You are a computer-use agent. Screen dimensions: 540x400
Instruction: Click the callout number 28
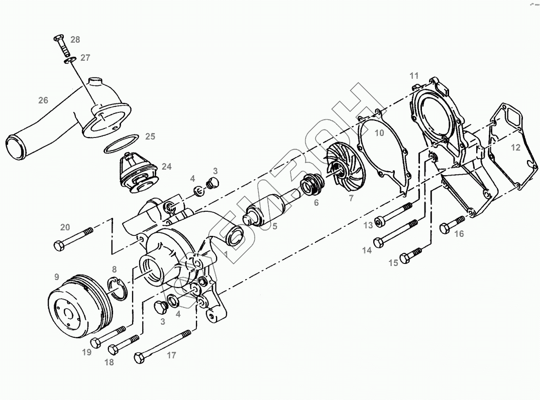[75, 40]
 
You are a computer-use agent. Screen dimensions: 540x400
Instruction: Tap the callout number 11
[414, 76]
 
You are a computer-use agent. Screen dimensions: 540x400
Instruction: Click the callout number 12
[516, 148]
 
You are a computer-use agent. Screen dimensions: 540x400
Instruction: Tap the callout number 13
[368, 225]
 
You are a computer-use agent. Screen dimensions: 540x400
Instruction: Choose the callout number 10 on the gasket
[379, 132]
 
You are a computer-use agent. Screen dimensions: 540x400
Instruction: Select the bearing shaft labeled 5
[262, 212]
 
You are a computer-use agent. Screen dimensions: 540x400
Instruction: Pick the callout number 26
[43, 100]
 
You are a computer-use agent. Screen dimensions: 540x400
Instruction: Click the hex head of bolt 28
[58, 38]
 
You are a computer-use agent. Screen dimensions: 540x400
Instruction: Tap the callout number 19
[87, 352]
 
